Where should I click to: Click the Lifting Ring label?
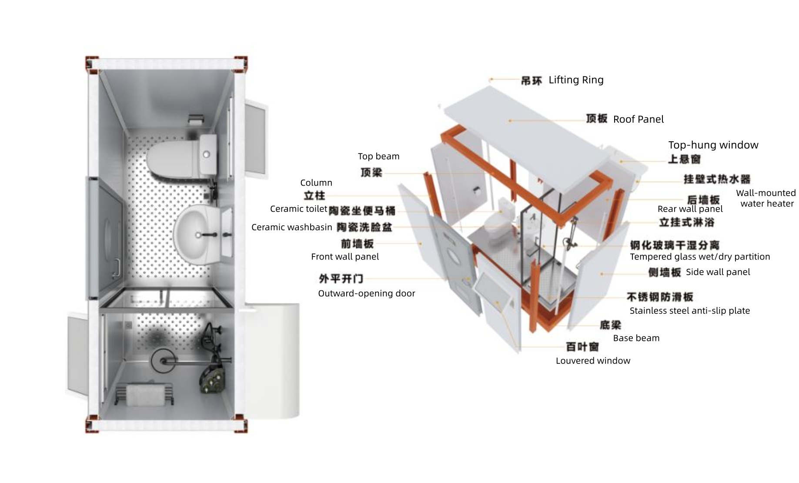[575, 80]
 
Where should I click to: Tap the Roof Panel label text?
[638, 120]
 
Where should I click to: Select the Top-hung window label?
[713, 145]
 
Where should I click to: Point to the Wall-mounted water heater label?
[766, 198]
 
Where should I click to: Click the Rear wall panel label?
[690, 209]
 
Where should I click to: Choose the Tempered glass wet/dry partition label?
[699, 257]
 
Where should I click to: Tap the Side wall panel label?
[718, 272]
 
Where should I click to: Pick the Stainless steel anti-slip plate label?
[689, 311]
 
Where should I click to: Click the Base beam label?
[636, 338]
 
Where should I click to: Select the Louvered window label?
[592, 361]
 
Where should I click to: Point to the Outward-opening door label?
[366, 293]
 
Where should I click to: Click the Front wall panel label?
[345, 257]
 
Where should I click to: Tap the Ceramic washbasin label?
[291, 227]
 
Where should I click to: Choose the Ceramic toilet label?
[298, 209]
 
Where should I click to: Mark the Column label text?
[316, 183]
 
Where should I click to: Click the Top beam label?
[378, 157]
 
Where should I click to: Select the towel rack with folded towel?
[144, 394]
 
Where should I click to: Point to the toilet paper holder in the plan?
[196, 119]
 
